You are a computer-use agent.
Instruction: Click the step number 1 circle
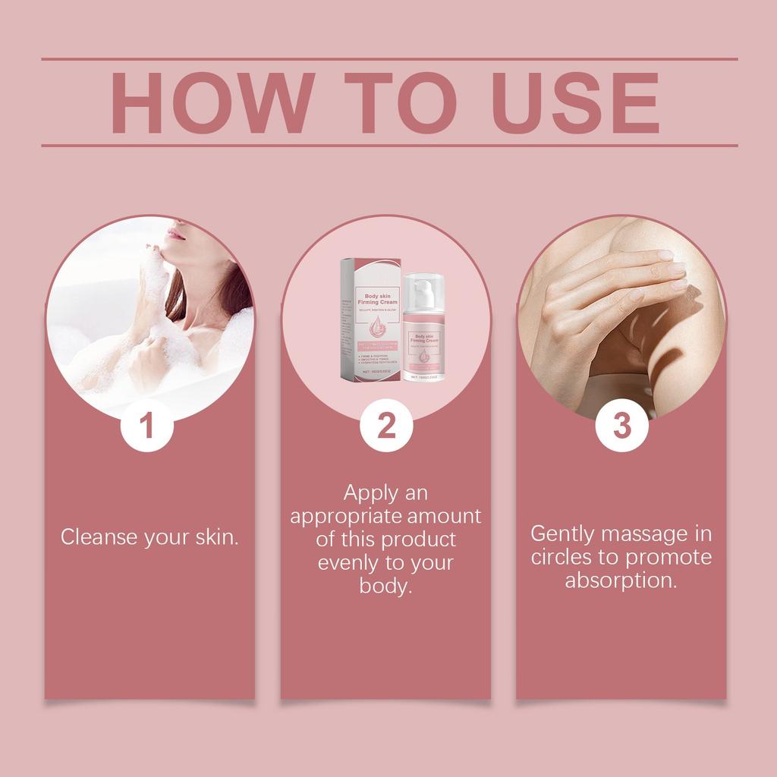click(x=147, y=426)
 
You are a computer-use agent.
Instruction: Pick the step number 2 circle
click(x=386, y=426)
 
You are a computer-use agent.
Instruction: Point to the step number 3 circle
click(x=622, y=426)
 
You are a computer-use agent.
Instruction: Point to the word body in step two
click(x=384, y=587)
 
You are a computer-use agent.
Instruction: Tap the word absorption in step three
click(x=620, y=580)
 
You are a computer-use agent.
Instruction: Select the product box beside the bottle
click(x=370, y=319)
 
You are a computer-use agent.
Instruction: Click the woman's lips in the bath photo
click(x=175, y=233)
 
